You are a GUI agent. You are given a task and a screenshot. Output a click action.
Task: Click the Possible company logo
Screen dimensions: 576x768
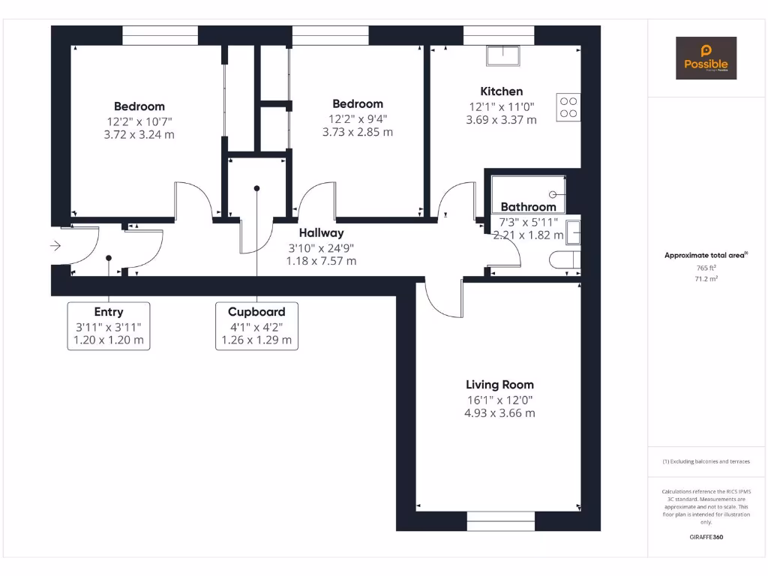pyautogui.click(x=706, y=58)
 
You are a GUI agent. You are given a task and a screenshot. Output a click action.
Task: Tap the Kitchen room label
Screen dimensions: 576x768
pyautogui.click(x=501, y=91)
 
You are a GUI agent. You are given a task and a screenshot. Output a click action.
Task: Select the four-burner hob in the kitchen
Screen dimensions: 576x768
pyautogui.click(x=568, y=106)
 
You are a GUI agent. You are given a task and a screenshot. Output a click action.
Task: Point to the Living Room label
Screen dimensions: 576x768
pyautogui.click(x=499, y=385)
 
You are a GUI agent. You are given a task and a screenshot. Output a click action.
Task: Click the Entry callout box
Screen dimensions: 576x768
pyautogui.click(x=109, y=325)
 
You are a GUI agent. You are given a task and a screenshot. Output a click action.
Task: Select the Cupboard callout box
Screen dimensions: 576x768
pyautogui.click(x=256, y=325)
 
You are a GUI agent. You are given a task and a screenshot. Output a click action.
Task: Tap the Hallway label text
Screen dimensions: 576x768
pyautogui.click(x=321, y=233)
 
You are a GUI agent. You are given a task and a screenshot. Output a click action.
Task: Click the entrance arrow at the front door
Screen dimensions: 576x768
pyautogui.click(x=55, y=245)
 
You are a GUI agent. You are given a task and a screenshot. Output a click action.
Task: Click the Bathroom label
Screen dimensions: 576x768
pyautogui.click(x=528, y=207)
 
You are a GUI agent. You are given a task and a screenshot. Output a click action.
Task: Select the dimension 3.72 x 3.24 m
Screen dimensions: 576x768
pyautogui.click(x=139, y=134)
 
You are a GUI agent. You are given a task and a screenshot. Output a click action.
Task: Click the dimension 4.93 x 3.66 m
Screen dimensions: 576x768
pyautogui.click(x=499, y=413)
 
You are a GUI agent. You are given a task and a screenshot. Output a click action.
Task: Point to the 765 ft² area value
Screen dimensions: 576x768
pyautogui.click(x=706, y=268)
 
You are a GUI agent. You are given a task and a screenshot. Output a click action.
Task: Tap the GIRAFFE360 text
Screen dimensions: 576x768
pyautogui.click(x=706, y=537)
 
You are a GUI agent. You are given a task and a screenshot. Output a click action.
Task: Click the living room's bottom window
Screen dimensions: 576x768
pyautogui.click(x=501, y=520)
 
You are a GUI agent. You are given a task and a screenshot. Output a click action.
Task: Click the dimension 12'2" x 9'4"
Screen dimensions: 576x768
pyautogui.click(x=358, y=118)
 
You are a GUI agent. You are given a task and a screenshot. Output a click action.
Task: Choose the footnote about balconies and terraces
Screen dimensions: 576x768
pyautogui.click(x=706, y=461)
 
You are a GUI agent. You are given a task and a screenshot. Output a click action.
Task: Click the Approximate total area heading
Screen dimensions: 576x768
pyautogui.click(x=705, y=256)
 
